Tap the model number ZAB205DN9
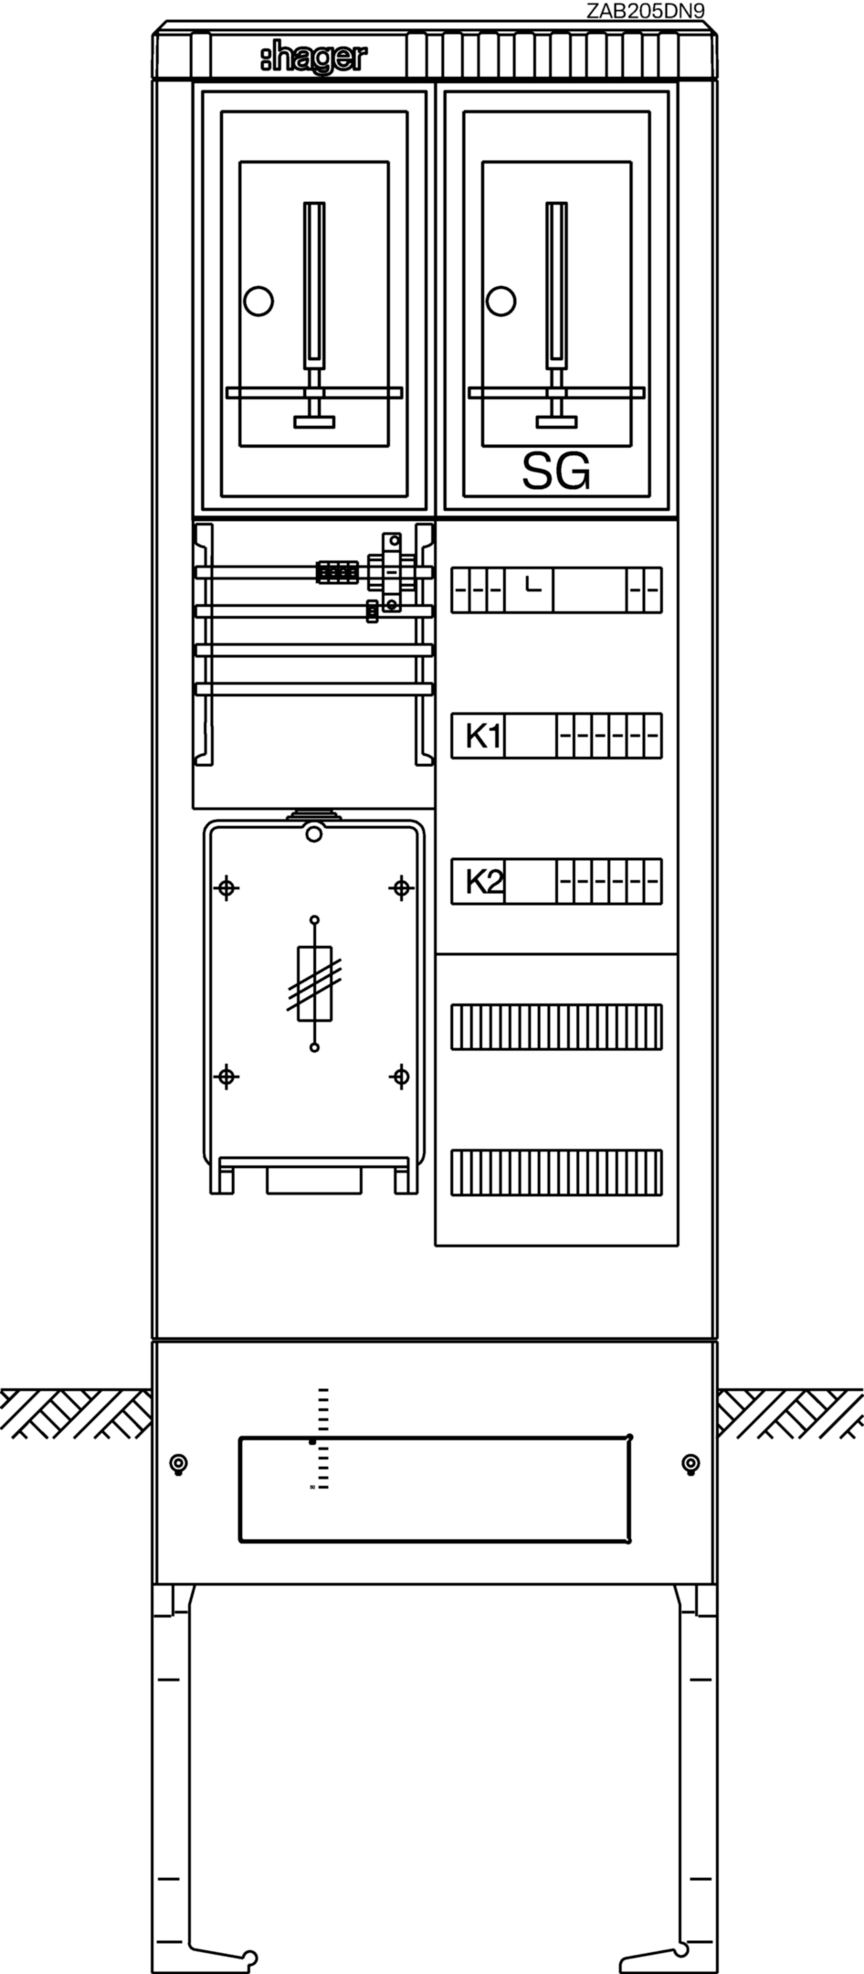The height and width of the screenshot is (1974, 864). [x=646, y=10]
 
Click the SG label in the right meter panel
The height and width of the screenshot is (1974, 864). [x=556, y=472]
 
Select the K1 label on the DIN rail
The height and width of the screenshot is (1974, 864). [x=483, y=735]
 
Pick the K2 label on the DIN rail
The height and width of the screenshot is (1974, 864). [x=483, y=881]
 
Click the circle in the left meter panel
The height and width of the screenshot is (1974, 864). [x=258, y=301]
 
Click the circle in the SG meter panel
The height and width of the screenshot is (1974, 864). [x=500, y=301]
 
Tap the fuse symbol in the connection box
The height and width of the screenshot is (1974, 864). [x=315, y=983]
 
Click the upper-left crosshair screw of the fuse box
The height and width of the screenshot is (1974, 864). [x=227, y=887]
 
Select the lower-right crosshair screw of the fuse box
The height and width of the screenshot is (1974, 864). [x=400, y=1077]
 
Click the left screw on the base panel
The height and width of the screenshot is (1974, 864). [x=179, y=1463]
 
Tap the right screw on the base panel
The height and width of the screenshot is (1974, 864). [x=691, y=1463]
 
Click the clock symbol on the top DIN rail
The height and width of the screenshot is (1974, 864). [x=533, y=583]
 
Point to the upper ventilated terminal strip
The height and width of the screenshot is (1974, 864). [x=556, y=1027]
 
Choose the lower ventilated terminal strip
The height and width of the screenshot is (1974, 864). [x=556, y=1173]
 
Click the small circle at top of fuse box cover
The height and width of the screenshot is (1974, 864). [x=314, y=833]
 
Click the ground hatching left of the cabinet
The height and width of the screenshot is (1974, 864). [x=77, y=1413]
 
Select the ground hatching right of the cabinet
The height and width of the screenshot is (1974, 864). [x=790, y=1413]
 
